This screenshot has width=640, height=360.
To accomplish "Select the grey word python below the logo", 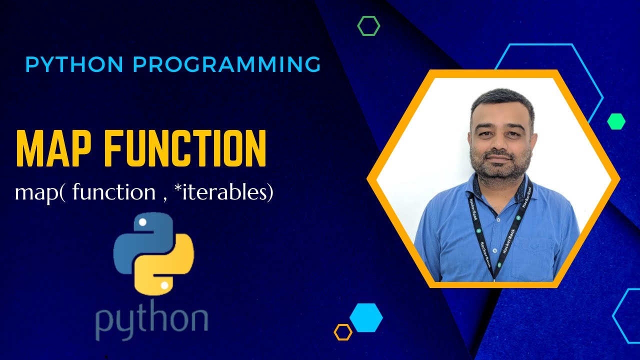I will point(151,320).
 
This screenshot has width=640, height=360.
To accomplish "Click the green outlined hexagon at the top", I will point(368,25).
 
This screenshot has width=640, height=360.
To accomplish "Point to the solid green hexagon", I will point(616,121).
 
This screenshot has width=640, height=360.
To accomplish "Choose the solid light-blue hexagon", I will point(366,317).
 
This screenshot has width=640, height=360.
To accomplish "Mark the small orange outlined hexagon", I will point(343,332).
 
